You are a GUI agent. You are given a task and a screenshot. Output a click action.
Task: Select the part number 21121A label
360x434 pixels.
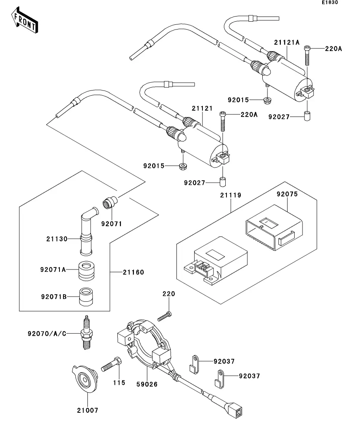(287, 42)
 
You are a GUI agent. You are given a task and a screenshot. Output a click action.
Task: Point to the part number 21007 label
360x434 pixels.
(87, 410)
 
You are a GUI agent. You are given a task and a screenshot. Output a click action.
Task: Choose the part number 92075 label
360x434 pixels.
(287, 194)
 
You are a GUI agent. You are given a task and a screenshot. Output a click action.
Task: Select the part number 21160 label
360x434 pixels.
(133, 272)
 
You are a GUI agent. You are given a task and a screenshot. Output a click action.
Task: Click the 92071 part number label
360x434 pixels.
(111, 223)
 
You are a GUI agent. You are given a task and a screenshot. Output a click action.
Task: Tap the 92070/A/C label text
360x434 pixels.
(46, 334)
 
